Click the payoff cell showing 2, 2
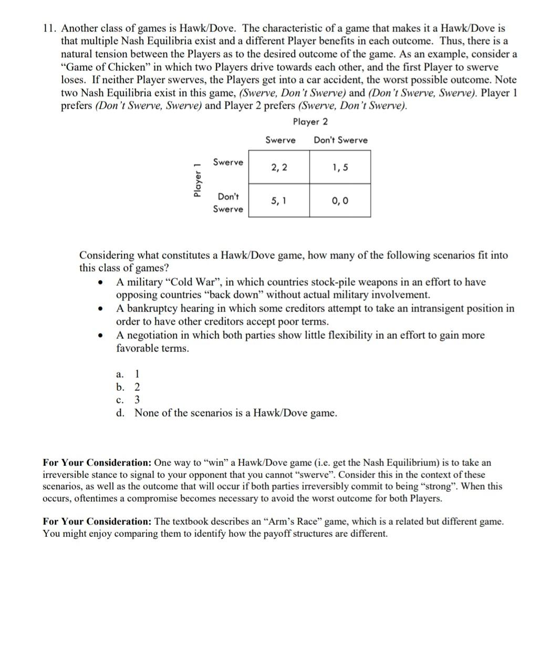tap(279, 168)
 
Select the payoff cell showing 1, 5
tap(340, 168)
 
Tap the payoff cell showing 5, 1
tap(279, 200)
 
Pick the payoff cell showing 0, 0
tap(340, 200)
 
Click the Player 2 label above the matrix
tap(310, 122)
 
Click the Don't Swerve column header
tap(340, 140)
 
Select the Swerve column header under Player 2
tap(280, 140)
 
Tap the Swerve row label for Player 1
tap(228, 162)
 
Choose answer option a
tap(128, 374)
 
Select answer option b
tap(128, 388)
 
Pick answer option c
tap(128, 400)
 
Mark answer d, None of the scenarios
tap(226, 413)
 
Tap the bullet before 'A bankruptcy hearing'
tap(99, 309)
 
